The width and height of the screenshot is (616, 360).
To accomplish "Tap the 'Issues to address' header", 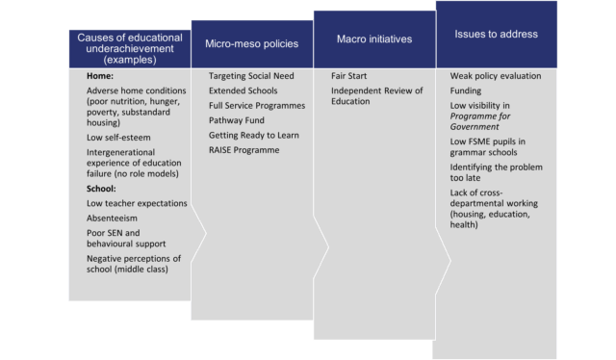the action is click(496, 34).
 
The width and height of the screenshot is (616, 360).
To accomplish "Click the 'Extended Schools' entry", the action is click(243, 90).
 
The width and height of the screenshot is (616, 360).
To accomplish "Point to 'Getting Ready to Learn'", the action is click(254, 136).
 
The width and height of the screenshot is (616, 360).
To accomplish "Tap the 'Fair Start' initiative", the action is click(349, 76).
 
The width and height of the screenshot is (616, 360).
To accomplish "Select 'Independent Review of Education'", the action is click(376, 96).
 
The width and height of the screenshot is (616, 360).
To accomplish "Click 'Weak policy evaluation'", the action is click(496, 76).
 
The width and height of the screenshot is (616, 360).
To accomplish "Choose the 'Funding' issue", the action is click(466, 91).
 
